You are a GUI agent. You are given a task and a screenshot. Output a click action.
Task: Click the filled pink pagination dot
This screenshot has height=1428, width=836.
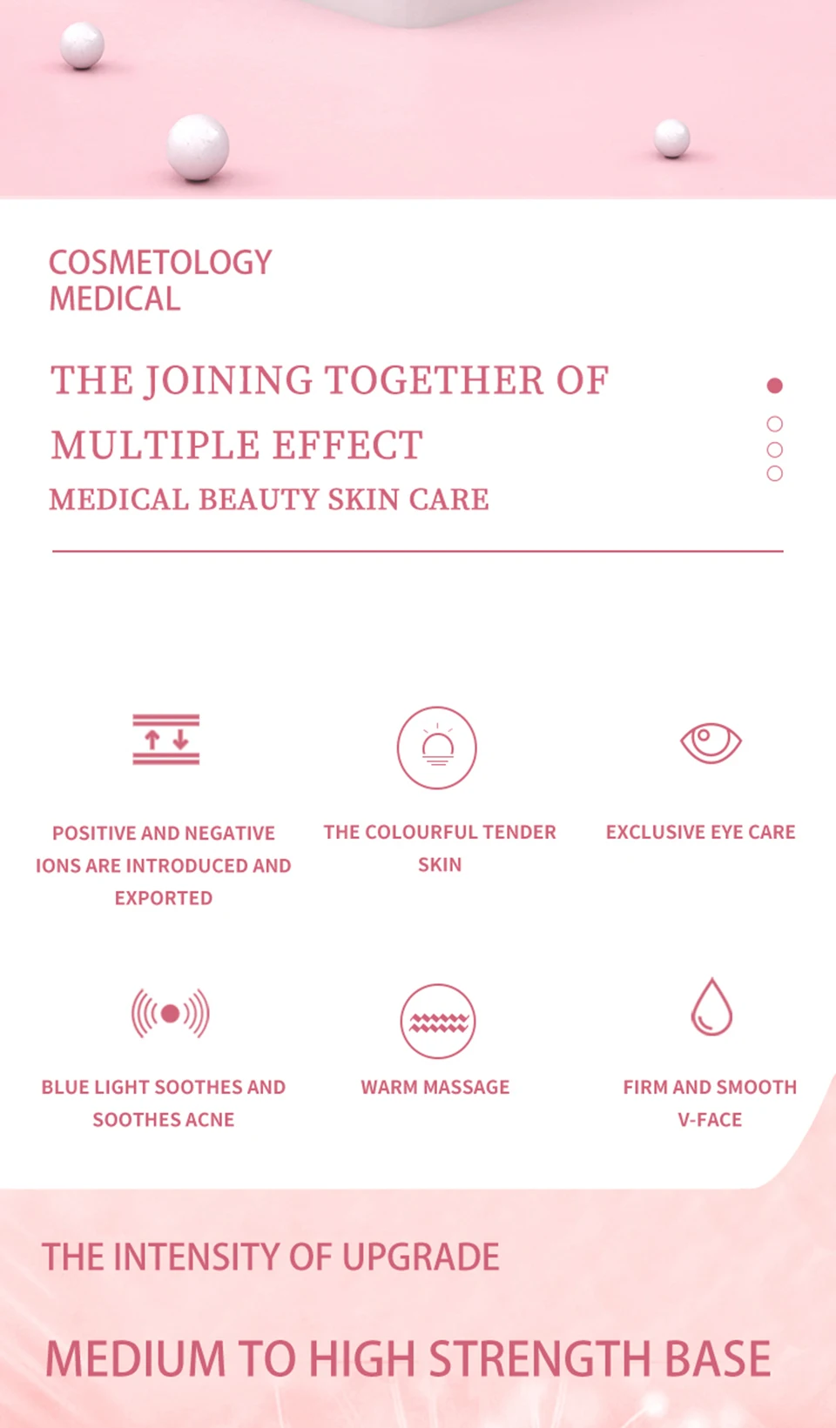tap(774, 385)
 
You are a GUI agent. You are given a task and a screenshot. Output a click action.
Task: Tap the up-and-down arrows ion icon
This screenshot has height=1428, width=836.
tap(166, 740)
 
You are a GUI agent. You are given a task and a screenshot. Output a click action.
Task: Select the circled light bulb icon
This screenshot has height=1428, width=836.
tap(437, 748)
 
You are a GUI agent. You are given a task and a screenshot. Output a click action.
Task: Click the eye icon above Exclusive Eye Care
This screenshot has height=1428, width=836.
tap(711, 742)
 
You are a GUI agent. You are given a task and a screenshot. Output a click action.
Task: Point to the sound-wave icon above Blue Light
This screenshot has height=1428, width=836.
tap(171, 1013)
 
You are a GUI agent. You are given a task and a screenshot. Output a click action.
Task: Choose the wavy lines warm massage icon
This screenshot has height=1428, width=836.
tap(438, 1022)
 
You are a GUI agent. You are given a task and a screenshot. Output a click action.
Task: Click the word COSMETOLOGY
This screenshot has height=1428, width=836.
tap(160, 263)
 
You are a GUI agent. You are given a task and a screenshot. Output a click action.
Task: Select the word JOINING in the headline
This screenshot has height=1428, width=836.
tap(228, 381)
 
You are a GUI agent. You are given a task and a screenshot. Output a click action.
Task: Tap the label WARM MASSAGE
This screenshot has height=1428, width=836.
tap(435, 1087)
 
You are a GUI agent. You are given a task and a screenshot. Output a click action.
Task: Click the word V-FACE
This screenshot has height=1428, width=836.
tap(710, 1120)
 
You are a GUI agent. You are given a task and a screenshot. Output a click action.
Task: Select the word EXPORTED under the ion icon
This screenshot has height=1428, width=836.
tap(164, 898)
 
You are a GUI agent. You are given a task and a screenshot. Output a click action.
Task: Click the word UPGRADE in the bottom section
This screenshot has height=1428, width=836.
tap(421, 1257)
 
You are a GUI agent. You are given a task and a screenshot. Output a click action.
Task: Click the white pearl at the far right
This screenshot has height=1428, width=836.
tap(672, 138)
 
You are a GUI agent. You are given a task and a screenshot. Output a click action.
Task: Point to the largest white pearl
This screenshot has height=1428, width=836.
tap(199, 146)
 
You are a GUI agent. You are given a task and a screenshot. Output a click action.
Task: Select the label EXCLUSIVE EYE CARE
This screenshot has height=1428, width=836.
tap(700, 832)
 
